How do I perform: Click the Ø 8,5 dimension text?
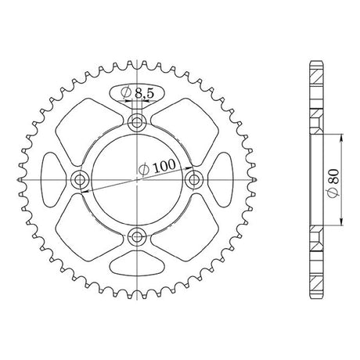pyautogui.click(x=138, y=92)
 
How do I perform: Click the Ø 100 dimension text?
pyautogui.click(x=157, y=167)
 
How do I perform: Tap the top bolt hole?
pyautogui.click(x=137, y=122)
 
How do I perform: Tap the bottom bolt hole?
pyautogui.click(x=137, y=237)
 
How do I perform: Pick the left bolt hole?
pyautogui.click(x=79, y=179)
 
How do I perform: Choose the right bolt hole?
pyautogui.click(x=194, y=179)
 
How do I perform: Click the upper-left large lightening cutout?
pyautogui.click(x=88, y=131)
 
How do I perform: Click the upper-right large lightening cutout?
pyautogui.click(x=185, y=131)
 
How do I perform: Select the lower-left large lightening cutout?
pyautogui.click(x=88, y=228)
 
